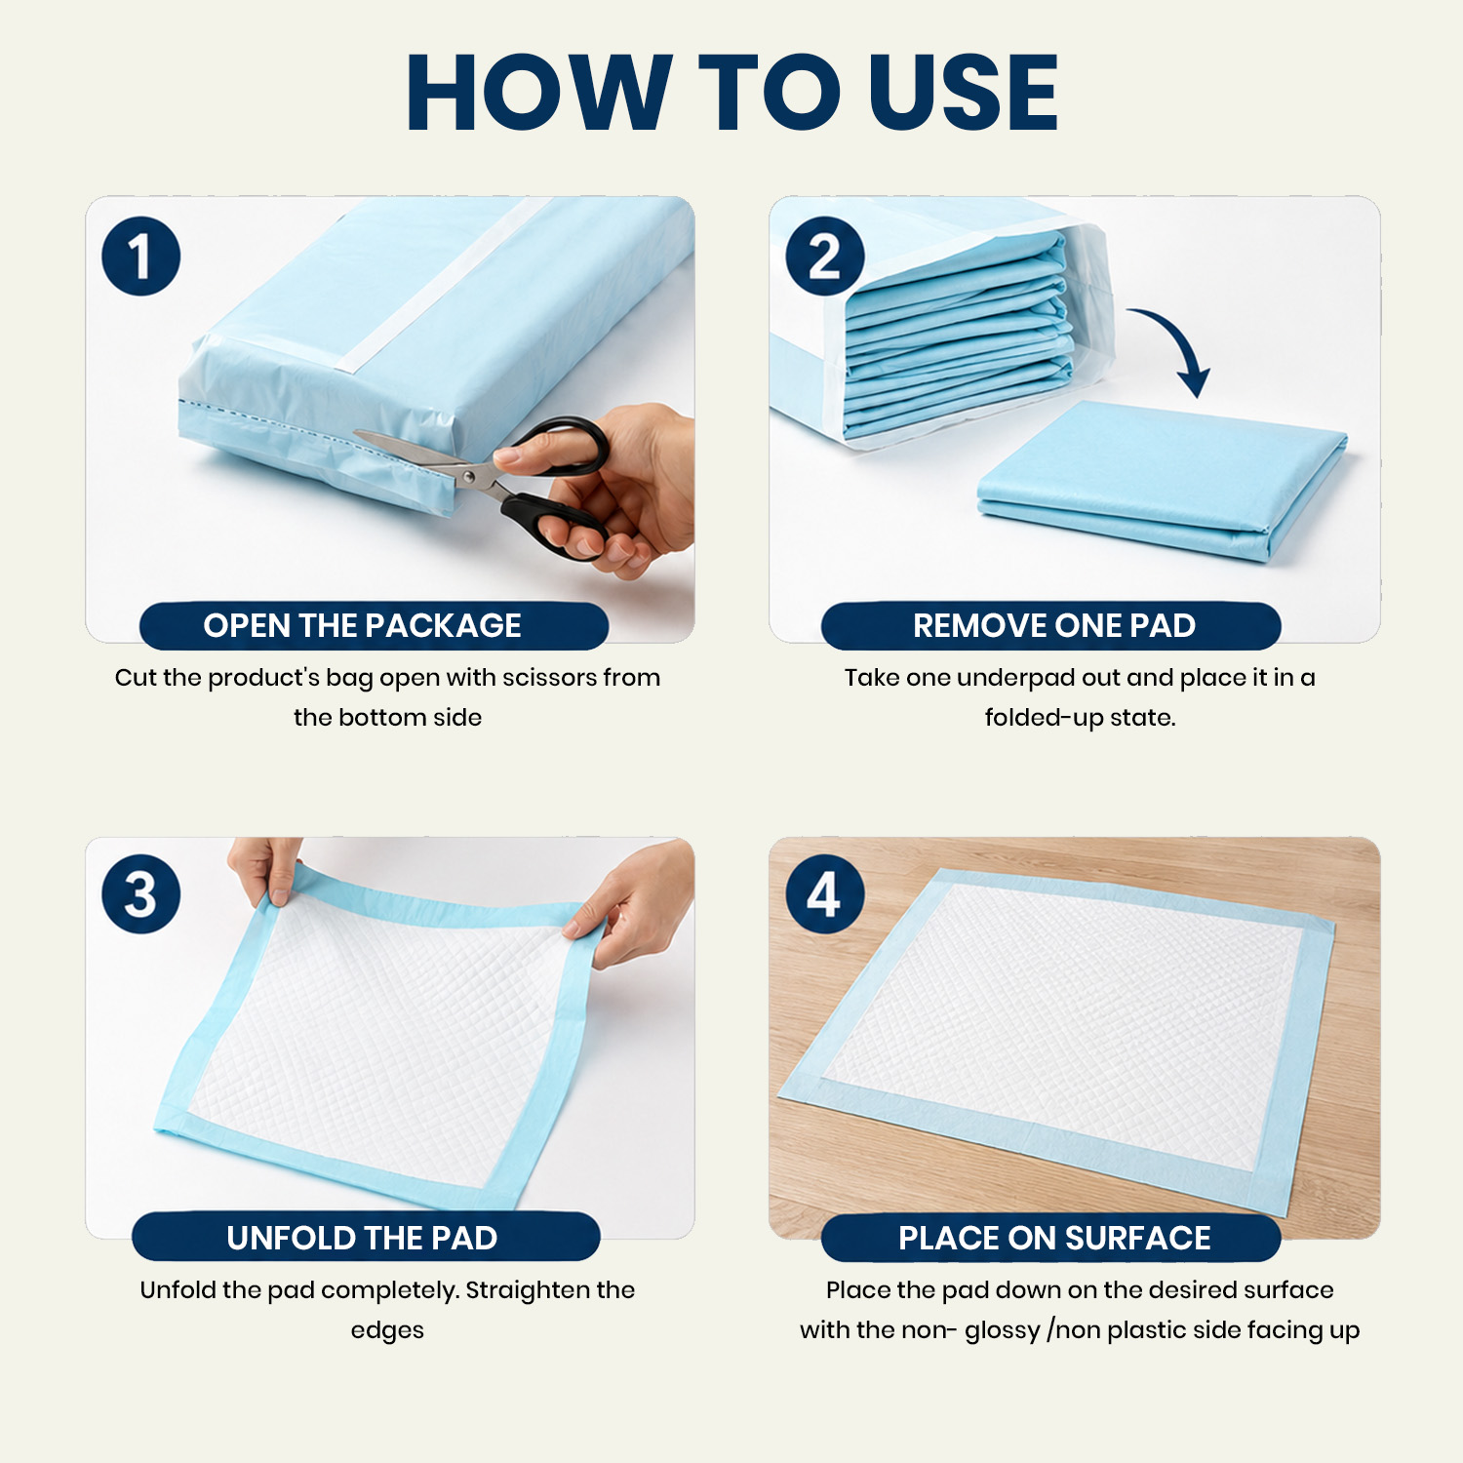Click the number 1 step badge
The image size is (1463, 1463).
(x=141, y=257)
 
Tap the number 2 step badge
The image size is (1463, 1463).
(x=825, y=257)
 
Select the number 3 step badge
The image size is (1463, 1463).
(x=141, y=894)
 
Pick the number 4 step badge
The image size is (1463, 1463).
(x=825, y=894)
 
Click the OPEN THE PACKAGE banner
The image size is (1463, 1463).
(x=374, y=625)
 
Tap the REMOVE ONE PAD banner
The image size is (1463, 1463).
(x=1050, y=625)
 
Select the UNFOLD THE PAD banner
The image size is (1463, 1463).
(x=366, y=1237)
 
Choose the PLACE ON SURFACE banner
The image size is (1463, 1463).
(x=1050, y=1237)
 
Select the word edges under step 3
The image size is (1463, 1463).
(x=387, y=1331)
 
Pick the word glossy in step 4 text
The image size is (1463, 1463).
(x=1002, y=1331)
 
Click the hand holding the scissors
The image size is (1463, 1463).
(x=605, y=488)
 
